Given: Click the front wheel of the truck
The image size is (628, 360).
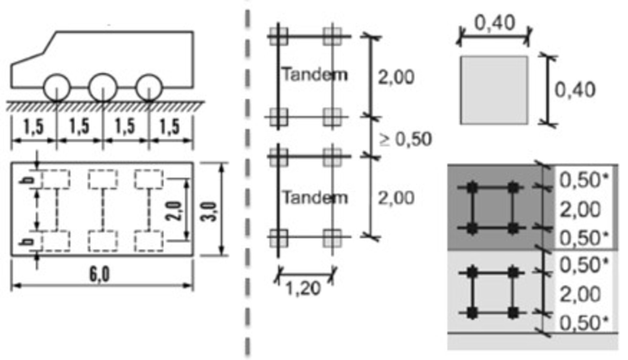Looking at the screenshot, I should [57, 88].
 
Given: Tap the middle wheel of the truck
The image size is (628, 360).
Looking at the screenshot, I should [103, 88].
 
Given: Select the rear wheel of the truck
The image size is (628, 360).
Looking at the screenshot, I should [149, 88].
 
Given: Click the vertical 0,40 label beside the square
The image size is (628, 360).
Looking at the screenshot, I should [575, 90].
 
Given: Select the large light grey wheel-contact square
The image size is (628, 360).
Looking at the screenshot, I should [494, 90].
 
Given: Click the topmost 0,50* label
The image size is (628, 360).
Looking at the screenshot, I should [584, 180].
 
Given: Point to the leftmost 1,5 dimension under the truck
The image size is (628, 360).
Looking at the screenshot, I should [34, 127].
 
